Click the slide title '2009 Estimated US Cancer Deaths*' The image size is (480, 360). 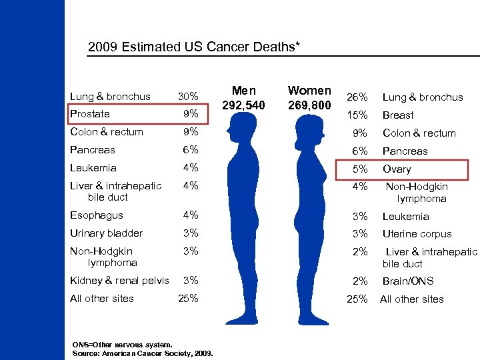point(194,48)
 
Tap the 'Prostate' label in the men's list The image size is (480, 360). point(90,114)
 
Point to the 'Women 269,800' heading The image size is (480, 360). point(309,97)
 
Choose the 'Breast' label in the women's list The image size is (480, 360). point(398,115)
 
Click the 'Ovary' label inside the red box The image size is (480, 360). point(397,169)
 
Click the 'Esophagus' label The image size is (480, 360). point(97,215)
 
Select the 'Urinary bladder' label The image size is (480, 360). point(106,233)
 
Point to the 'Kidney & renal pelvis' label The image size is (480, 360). point(119,281)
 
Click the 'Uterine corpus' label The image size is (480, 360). point(417,234)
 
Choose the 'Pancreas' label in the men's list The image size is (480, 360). point(92,150)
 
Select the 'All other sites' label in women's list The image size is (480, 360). point(411,299)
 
